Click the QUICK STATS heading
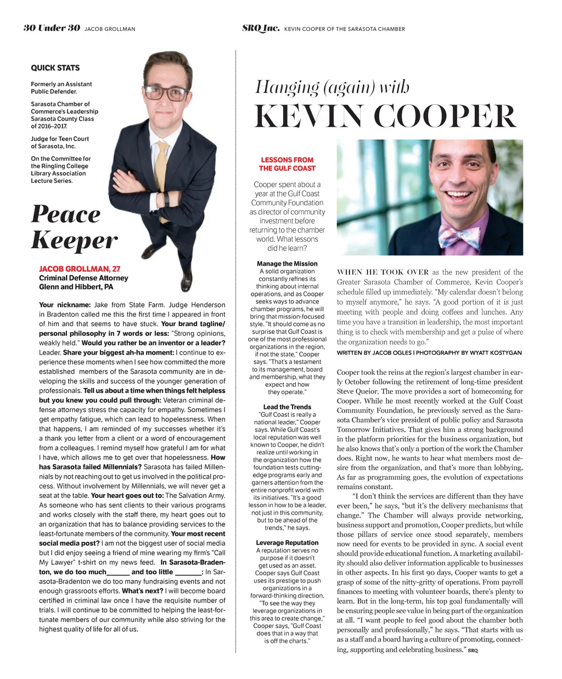[x=55, y=68]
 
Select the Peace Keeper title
[x=74, y=227]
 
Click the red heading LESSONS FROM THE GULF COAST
[x=287, y=164]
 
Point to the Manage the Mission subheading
[x=287, y=263]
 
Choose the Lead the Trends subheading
[x=287, y=407]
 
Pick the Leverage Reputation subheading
[x=287, y=543]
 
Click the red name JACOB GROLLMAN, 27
[x=80, y=269]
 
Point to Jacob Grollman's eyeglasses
[x=165, y=92]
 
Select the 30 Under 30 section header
[x=52, y=28]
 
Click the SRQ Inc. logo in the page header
[x=261, y=28]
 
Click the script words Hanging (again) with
[x=332, y=87]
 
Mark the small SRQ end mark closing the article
[x=473, y=650]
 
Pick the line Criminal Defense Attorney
[x=83, y=278]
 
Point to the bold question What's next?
[x=142, y=591]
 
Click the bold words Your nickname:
[x=65, y=305]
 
